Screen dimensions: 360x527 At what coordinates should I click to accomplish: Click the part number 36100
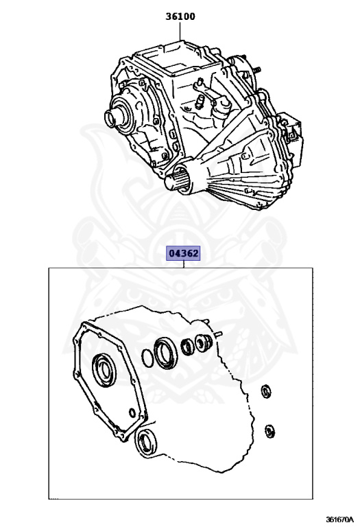coord(180,16)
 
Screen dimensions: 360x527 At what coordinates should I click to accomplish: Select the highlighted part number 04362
coord(184,253)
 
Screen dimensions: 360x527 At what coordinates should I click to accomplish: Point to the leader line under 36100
coord(180,32)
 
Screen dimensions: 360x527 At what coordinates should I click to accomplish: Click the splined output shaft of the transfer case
coord(177,181)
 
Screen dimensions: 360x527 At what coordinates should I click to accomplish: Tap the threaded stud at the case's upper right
coord(257,70)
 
